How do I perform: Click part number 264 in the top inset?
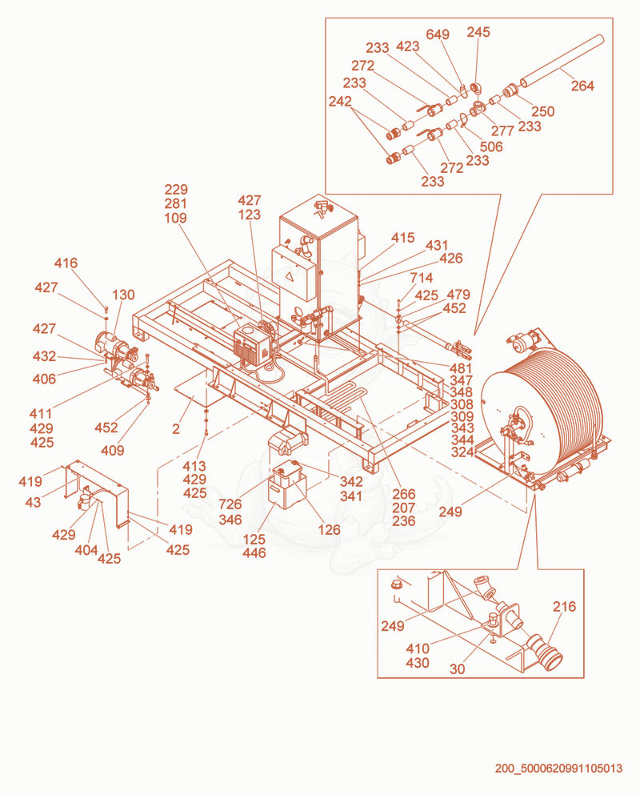(x=582, y=86)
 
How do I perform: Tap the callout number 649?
(x=438, y=34)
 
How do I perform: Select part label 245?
(x=478, y=32)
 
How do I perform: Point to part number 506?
(x=491, y=147)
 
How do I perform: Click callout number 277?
(x=502, y=130)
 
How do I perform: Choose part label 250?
(x=542, y=111)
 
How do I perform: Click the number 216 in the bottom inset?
(x=564, y=606)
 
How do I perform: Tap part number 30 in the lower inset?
(x=457, y=669)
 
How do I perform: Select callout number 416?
(x=66, y=263)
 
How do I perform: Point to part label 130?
(x=123, y=295)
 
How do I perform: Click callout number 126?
(x=329, y=530)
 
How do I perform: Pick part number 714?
(x=421, y=277)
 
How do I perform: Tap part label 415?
(x=403, y=237)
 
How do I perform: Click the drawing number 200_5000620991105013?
(x=558, y=768)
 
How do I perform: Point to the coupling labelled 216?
(x=544, y=652)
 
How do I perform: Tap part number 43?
(x=33, y=502)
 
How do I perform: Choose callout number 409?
(x=113, y=450)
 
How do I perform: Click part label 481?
(x=461, y=368)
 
